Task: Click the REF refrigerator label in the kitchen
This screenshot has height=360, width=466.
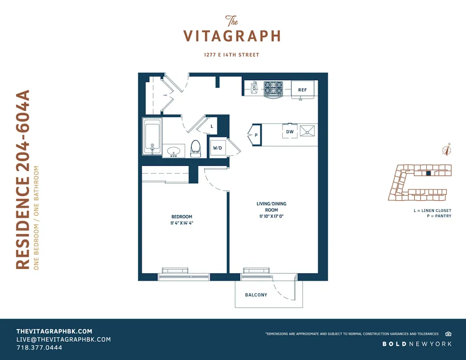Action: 302,89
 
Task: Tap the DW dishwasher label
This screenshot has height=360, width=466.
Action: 290,132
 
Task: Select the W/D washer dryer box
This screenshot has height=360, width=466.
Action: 218,148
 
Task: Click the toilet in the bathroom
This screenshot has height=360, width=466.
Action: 196,148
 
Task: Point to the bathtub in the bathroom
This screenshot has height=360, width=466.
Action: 152,136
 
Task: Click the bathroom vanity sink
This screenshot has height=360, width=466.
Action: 174,151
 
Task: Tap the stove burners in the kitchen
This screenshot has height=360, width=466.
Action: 273,88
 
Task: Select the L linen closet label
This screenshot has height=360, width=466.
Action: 212,126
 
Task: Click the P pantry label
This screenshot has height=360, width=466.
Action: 256,136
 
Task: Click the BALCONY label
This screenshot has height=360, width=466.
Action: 256,295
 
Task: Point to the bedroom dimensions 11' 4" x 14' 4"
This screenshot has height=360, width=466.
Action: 182,223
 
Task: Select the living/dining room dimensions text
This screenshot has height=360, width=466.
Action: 271,216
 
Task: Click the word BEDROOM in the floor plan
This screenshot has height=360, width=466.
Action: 182,217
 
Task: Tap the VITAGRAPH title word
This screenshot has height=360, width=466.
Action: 232,36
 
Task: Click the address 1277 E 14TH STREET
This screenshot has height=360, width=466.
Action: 232,55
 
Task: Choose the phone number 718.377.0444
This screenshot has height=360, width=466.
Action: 39,347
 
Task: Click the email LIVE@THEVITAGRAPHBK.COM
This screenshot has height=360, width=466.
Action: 63,340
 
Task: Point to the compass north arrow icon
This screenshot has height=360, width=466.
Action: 446,150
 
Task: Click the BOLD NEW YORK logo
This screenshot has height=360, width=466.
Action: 417,344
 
